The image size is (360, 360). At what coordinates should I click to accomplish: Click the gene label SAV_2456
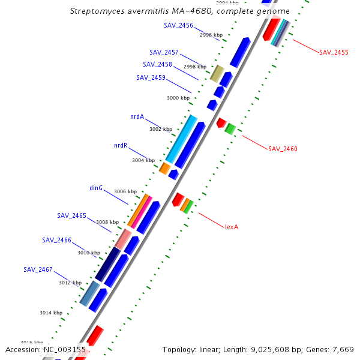[178, 25]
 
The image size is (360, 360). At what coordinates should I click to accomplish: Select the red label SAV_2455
[334, 52]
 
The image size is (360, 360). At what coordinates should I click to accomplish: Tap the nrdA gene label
[137, 116]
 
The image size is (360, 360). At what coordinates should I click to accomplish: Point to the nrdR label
[121, 145]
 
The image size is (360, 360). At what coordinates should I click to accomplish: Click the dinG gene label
[96, 188]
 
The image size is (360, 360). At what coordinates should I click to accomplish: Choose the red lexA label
[232, 227]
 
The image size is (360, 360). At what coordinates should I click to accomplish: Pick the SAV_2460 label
[283, 149]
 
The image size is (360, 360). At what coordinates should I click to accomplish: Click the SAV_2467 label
[38, 269]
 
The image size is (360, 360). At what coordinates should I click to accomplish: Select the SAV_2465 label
[71, 215]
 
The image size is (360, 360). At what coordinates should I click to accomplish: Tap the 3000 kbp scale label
[178, 97]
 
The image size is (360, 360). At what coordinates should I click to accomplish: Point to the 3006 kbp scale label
[125, 191]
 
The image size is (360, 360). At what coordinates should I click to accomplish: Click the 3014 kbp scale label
[51, 313]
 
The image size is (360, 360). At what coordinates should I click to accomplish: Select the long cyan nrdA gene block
[181, 139]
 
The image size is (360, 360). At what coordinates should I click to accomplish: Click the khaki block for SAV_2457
[217, 74]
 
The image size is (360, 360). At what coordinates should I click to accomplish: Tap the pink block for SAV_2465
[123, 240]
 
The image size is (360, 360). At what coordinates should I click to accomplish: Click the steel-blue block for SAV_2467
[89, 293]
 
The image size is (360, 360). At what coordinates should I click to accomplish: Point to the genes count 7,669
[341, 349]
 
